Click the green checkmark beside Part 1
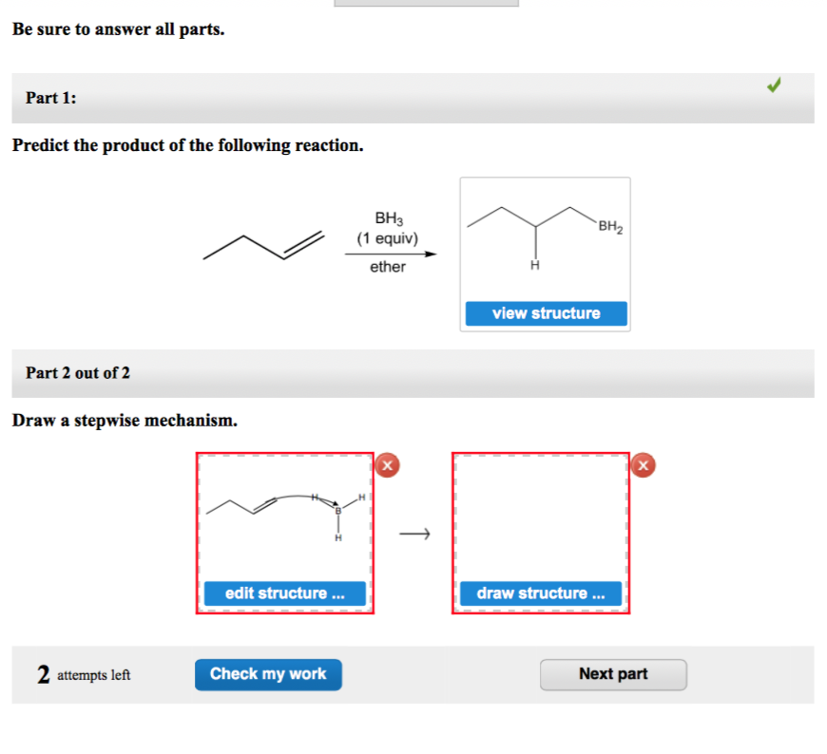point(775,86)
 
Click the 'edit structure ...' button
point(284,594)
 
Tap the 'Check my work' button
point(268,674)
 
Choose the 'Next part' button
point(613,674)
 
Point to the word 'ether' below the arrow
point(388,267)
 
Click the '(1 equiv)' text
point(388,238)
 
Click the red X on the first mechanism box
point(387,464)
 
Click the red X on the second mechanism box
point(644,464)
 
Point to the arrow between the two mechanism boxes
point(413,535)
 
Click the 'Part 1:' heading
point(51,99)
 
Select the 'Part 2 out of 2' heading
point(78,373)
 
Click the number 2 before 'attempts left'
point(44,674)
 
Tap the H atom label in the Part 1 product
point(535,264)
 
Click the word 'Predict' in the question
point(41,146)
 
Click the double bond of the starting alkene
point(304,245)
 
